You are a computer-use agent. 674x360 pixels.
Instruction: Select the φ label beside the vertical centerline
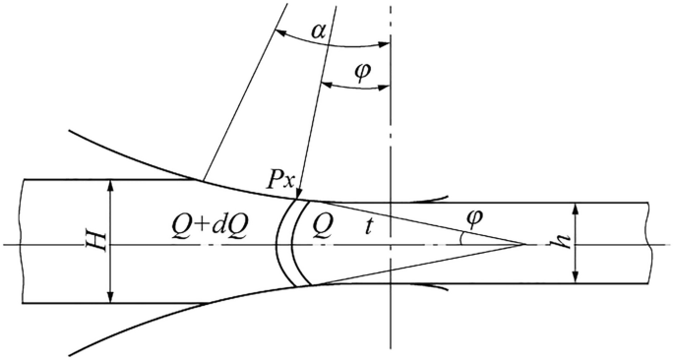tap(362, 72)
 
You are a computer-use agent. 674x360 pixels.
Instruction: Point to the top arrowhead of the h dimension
tap(576, 208)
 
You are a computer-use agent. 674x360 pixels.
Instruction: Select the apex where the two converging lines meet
tap(523, 243)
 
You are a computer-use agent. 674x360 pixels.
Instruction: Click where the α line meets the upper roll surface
tap(201, 180)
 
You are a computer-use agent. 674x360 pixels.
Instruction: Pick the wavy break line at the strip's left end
tap(22, 241)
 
